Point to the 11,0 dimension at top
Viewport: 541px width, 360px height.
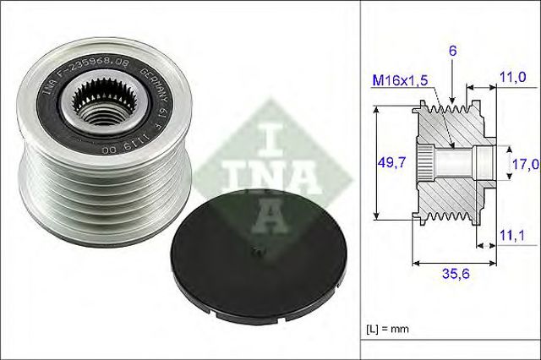(512, 77)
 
